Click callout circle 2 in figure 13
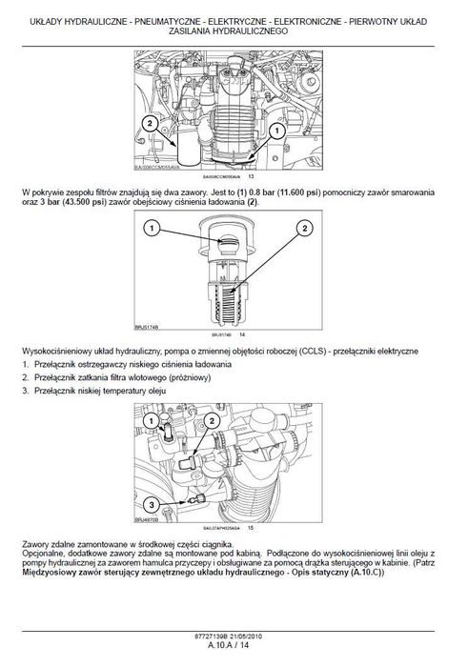point(150,121)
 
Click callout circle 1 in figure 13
point(275,130)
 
